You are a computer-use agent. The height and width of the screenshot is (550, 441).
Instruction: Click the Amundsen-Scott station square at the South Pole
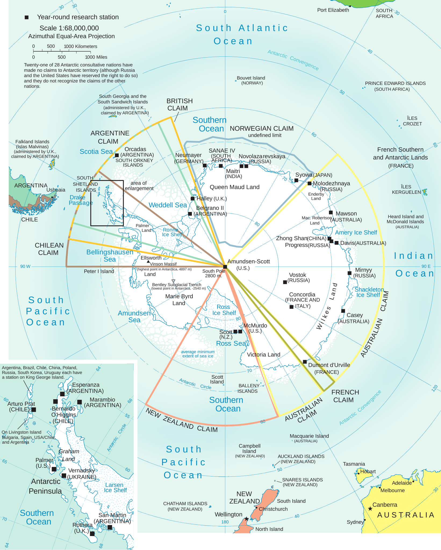click(x=225, y=267)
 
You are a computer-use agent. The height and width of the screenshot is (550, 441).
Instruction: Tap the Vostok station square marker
click(x=285, y=282)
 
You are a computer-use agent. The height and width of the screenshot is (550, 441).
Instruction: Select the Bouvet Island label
click(x=251, y=78)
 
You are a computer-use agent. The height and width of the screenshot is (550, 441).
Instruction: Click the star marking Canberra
click(x=370, y=509)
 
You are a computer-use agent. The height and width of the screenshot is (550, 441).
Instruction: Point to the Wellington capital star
click(x=246, y=519)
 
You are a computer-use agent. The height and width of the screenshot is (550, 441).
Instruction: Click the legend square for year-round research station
click(x=27, y=17)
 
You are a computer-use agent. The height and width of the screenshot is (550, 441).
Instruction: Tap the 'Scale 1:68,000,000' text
click(x=69, y=28)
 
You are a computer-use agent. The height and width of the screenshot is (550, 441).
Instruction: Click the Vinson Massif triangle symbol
click(x=148, y=261)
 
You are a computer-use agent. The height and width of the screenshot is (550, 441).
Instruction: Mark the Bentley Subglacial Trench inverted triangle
click(x=173, y=281)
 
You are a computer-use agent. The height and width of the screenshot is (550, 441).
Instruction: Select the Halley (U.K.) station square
click(x=193, y=199)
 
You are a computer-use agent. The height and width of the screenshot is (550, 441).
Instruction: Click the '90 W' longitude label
click(x=25, y=267)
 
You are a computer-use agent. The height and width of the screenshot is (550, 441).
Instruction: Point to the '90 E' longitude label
click(x=426, y=266)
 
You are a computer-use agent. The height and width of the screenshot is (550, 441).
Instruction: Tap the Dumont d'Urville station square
click(x=305, y=362)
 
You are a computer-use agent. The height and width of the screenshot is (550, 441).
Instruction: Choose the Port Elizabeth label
click(x=333, y=10)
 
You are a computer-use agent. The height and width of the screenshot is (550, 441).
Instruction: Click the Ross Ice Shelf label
click(x=224, y=310)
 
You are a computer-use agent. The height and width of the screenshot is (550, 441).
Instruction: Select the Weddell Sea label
click(x=168, y=205)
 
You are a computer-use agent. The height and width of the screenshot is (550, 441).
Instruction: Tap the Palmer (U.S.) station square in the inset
click(x=54, y=469)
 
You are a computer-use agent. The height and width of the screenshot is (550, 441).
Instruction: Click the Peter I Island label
click(x=99, y=271)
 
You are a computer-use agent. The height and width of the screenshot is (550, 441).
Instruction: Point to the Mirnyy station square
click(x=350, y=273)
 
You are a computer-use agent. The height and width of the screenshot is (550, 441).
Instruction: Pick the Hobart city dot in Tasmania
click(x=358, y=473)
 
